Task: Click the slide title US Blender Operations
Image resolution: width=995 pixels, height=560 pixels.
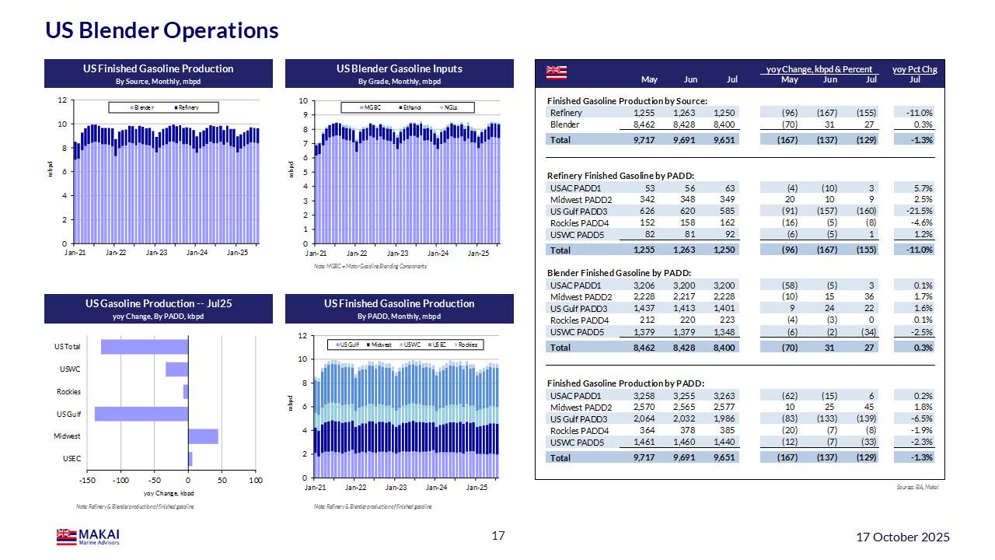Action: pyautogui.click(x=162, y=30)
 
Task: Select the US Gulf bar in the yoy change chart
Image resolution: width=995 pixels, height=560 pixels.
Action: pyautogui.click(x=141, y=414)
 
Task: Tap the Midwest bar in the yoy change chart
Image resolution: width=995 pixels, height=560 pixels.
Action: pyautogui.click(x=203, y=436)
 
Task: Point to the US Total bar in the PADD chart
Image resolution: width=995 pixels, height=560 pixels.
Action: pyautogui.click(x=145, y=347)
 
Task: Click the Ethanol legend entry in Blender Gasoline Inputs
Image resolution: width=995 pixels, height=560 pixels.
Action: pyautogui.click(x=410, y=107)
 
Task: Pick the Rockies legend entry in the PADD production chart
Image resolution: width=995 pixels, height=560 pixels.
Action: pyautogui.click(x=466, y=345)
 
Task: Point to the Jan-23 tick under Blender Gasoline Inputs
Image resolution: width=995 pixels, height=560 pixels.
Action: pyautogui.click(x=397, y=254)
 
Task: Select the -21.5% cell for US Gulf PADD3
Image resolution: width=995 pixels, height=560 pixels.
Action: pyautogui.click(x=920, y=212)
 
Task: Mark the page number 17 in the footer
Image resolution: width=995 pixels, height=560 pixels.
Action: pyautogui.click(x=498, y=536)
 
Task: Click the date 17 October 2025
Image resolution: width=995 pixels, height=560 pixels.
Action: pyautogui.click(x=902, y=537)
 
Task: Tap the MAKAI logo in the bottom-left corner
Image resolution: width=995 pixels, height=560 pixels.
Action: pyautogui.click(x=88, y=537)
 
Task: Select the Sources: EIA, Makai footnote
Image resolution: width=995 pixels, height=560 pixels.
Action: pyautogui.click(x=923, y=487)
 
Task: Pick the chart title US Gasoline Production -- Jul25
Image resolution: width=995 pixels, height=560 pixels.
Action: pyautogui.click(x=159, y=303)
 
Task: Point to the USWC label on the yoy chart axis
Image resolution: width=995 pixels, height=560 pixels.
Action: pyautogui.click(x=70, y=369)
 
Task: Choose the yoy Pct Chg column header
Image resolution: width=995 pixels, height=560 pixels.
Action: pyautogui.click(x=914, y=69)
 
